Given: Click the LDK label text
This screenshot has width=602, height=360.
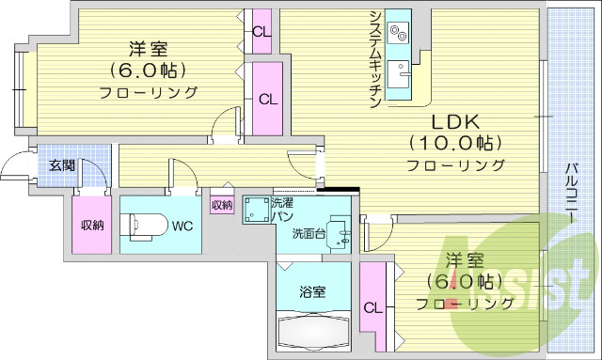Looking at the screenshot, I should pyautogui.click(x=455, y=122).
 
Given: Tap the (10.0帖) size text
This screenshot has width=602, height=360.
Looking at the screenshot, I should pyautogui.click(x=455, y=143).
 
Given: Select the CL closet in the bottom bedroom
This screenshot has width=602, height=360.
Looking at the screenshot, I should pyautogui.click(x=373, y=305).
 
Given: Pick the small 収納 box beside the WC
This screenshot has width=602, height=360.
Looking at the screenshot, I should pyautogui.click(x=222, y=204).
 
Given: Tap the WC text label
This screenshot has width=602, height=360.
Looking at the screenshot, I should pyautogui.click(x=183, y=225).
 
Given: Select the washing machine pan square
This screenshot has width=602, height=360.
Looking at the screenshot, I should pyautogui.click(x=256, y=211).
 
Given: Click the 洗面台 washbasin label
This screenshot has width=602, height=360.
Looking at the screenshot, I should pyautogui.click(x=309, y=233).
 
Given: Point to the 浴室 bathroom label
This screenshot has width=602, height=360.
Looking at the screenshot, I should pyautogui.click(x=313, y=291).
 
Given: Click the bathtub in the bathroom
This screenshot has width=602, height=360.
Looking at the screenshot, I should pyautogui.click(x=313, y=332).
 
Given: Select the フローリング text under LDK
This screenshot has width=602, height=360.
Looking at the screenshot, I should pyautogui.click(x=455, y=165).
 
